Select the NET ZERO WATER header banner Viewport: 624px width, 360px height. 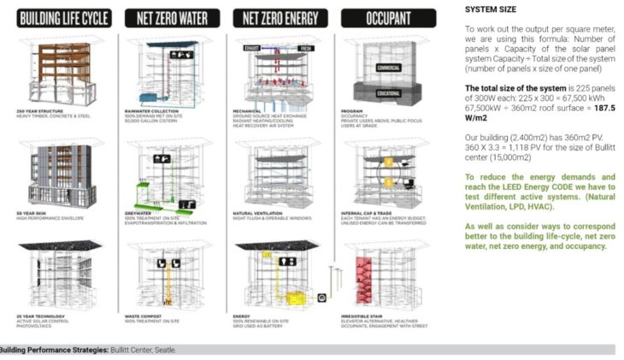pos(174,18)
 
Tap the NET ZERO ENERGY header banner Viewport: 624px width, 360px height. pos(281,18)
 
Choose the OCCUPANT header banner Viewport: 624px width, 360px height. pos(388,18)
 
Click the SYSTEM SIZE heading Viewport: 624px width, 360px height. pos(492,9)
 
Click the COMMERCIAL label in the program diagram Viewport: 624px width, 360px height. pos(388,67)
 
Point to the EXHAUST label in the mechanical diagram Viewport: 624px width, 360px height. pos(253,48)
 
